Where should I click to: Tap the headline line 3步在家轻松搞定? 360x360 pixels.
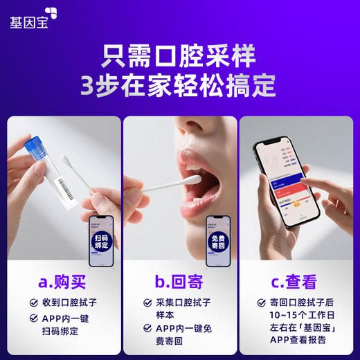(x=179, y=87)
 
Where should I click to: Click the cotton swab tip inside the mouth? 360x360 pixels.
(x=195, y=179)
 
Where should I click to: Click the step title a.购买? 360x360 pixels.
(x=63, y=282)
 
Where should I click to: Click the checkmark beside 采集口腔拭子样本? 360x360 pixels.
(x=147, y=303)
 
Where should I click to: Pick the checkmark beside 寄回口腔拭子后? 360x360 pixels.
(x=262, y=303)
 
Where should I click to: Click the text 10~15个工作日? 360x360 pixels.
(x=298, y=316)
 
